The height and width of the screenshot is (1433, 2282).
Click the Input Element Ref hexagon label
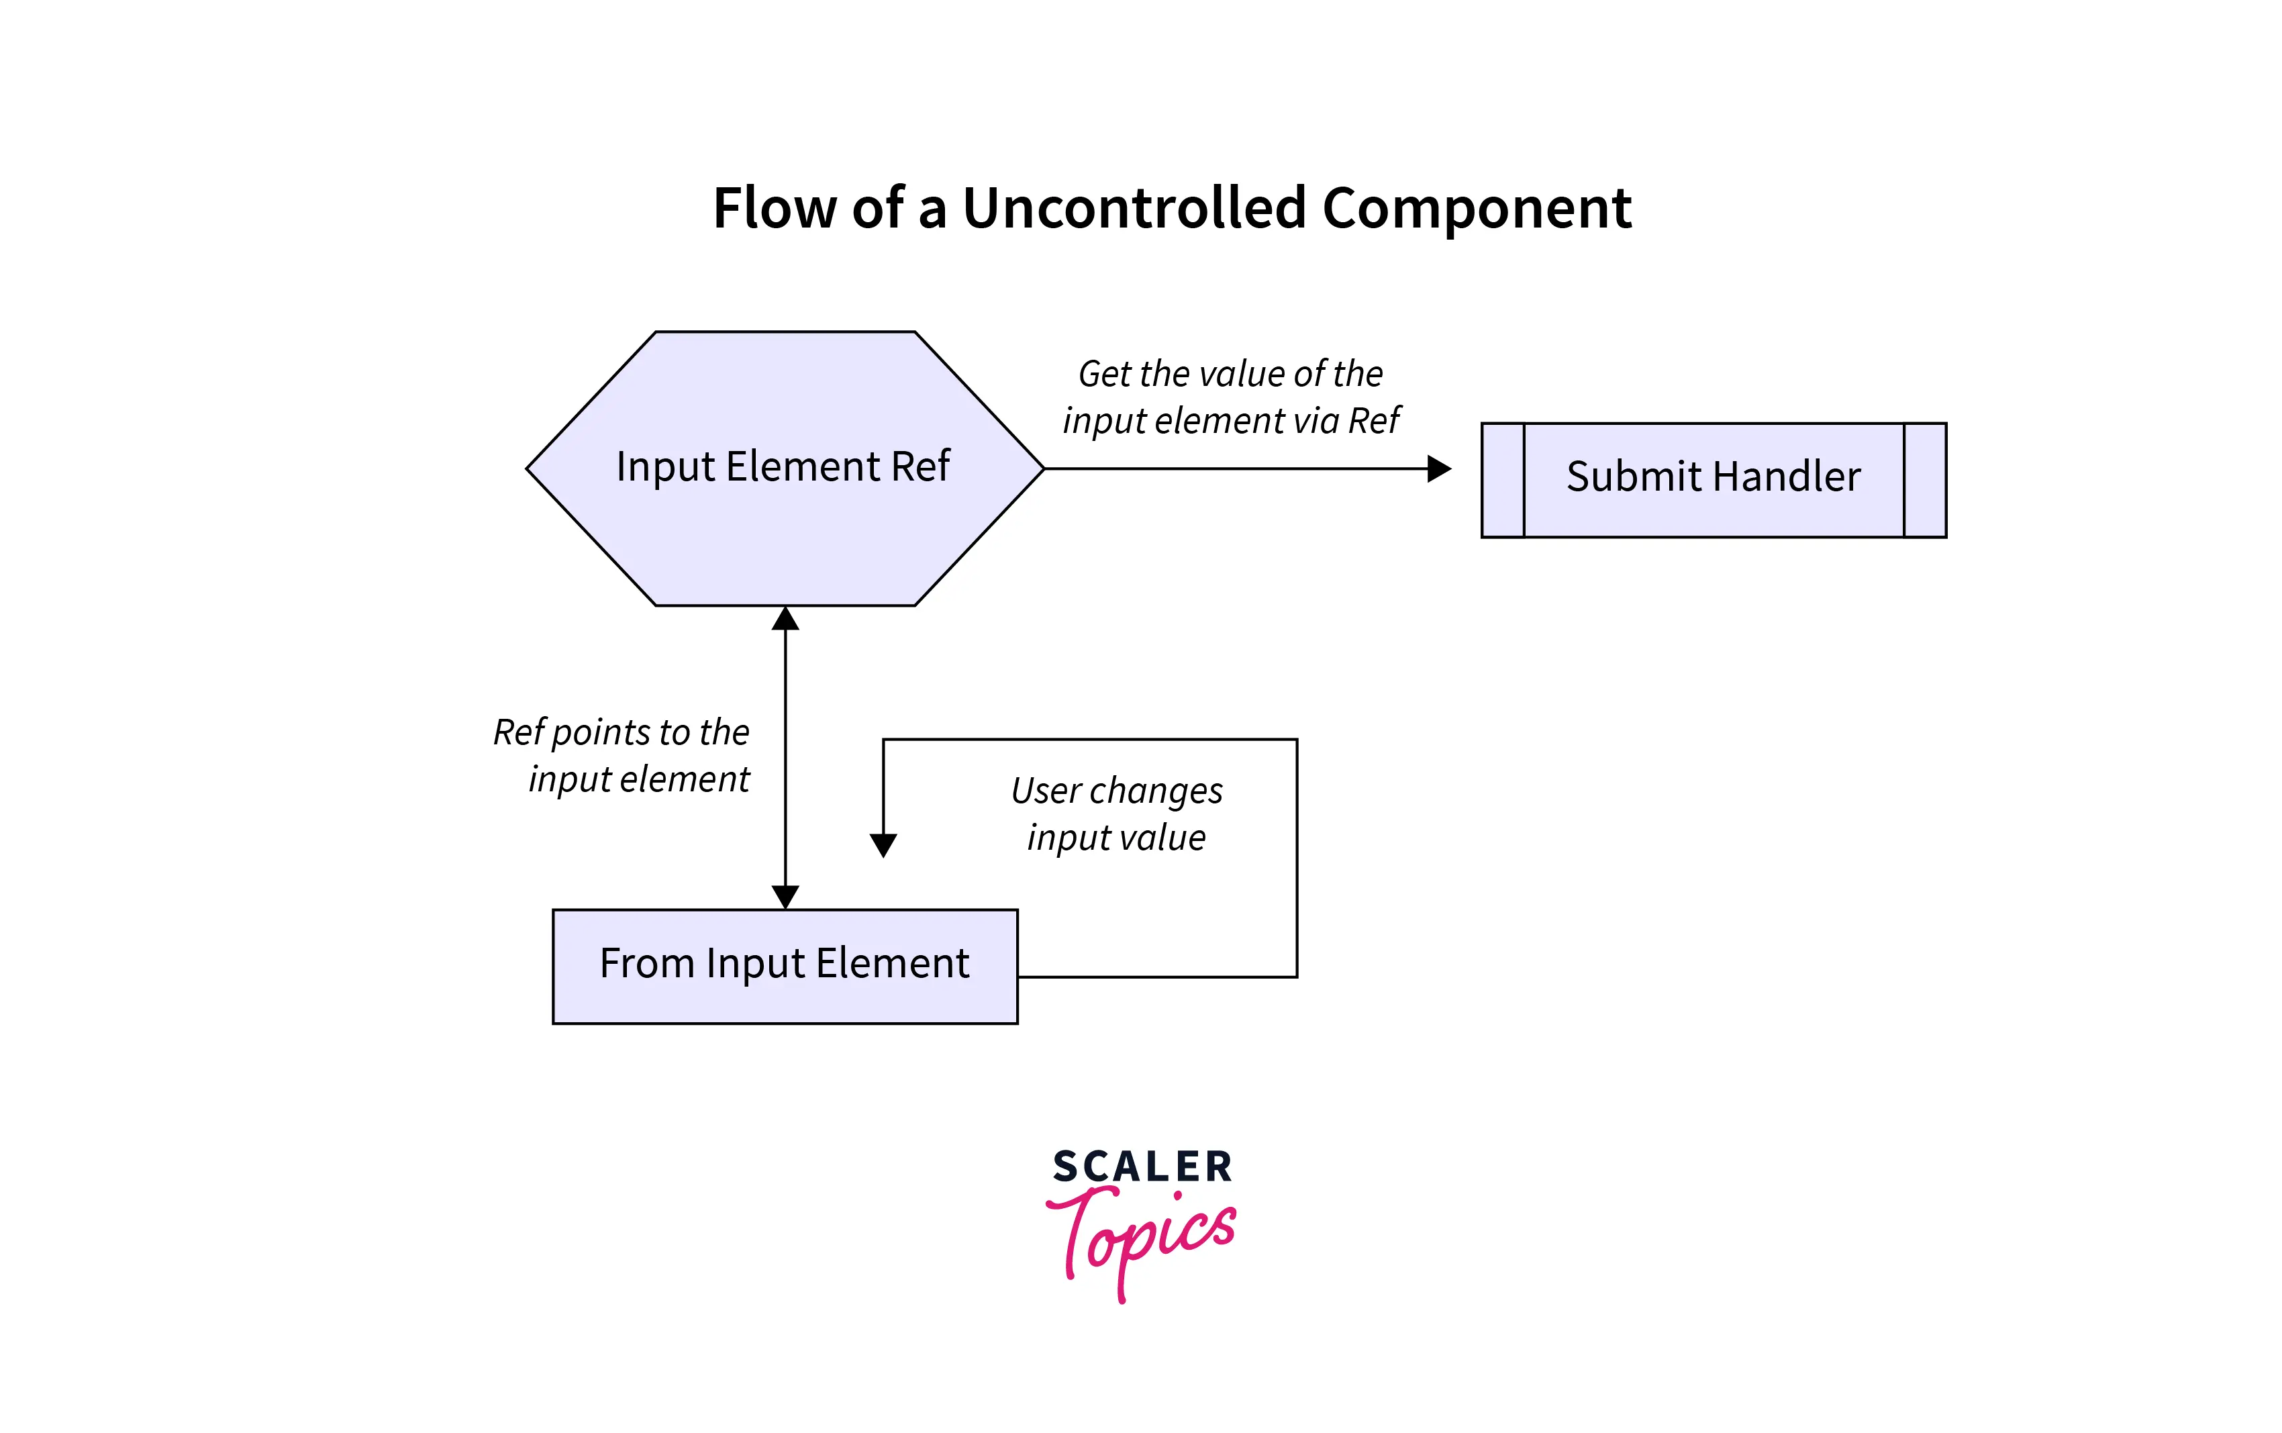coord(783,466)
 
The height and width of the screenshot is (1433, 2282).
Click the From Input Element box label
coord(784,964)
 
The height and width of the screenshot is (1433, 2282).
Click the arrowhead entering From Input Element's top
coord(786,897)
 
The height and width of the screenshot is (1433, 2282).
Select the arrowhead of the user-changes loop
coord(883,844)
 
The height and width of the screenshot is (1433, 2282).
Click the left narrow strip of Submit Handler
coord(1503,481)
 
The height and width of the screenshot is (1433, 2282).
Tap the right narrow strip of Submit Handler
coord(1925,481)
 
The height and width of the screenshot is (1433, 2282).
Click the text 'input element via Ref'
coord(1230,421)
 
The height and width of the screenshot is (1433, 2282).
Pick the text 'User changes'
coord(1116,791)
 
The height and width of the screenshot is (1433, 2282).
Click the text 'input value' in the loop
coord(1116,838)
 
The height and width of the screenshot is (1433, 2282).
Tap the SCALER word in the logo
coord(1142,1167)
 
